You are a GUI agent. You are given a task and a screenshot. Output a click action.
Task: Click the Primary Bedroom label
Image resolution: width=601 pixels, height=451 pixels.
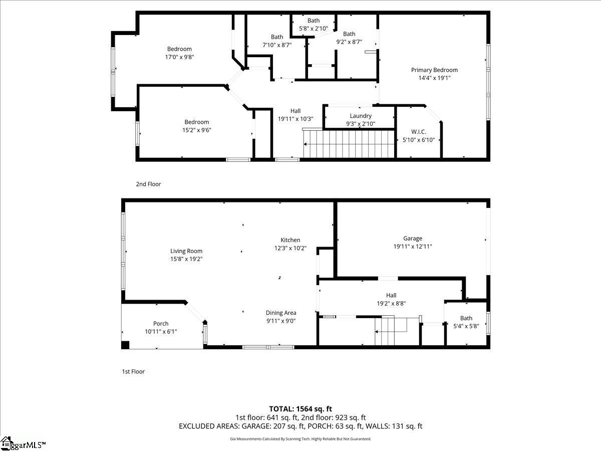coord(434,70)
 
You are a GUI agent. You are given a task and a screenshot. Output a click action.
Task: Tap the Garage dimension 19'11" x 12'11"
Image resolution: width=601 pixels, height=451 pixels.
coord(413,247)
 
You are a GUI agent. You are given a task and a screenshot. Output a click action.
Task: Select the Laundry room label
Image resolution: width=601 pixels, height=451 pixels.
coord(361,116)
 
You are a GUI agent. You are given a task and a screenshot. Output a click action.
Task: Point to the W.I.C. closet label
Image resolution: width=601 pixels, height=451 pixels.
coord(419,132)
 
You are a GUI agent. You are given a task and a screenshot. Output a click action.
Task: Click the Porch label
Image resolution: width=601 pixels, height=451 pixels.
coord(161,324)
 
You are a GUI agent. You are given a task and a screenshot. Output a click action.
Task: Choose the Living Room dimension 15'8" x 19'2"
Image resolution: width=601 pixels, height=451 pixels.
coord(186,259)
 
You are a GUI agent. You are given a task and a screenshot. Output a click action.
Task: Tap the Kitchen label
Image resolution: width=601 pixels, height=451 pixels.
coord(290,240)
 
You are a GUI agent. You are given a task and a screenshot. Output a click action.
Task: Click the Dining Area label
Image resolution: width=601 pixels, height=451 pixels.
coord(281,313)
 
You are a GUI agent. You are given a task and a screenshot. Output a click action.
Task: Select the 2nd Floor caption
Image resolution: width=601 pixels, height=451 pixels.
coord(148,184)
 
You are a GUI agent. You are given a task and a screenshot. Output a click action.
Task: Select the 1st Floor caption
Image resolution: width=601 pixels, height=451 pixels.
coord(133,371)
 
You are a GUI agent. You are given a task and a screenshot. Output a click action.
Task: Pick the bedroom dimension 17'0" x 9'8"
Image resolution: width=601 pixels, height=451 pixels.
coord(179,57)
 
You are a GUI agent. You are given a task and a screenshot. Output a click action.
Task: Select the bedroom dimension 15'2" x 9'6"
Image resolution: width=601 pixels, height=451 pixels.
coord(196,130)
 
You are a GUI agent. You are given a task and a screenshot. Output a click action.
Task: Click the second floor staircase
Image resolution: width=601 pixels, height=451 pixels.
coord(351,144)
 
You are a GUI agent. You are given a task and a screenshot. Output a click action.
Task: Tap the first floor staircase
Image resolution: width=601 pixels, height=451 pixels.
coord(391,331)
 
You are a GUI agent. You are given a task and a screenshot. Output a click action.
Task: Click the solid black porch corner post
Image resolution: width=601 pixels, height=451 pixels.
coord(125,345)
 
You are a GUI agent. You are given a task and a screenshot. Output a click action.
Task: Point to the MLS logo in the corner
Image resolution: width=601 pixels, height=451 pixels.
coord(23,443)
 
